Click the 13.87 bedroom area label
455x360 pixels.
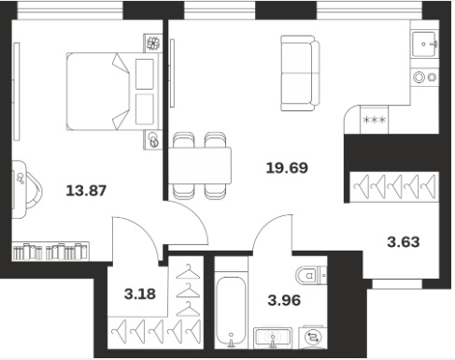[x=86, y=191]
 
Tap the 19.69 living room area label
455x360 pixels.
[x=287, y=167]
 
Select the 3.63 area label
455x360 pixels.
[x=404, y=242]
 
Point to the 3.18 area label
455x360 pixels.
[x=140, y=294]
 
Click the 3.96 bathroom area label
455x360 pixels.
[x=284, y=300]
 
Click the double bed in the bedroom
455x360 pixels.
[x=113, y=92]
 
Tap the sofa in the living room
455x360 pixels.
[x=300, y=73]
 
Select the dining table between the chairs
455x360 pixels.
[x=200, y=166]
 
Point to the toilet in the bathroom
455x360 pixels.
[x=311, y=275]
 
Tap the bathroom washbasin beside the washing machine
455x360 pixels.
[x=273, y=338]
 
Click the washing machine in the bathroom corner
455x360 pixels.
[x=312, y=338]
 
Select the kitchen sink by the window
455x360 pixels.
[x=424, y=44]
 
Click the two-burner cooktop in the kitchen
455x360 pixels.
[x=425, y=77]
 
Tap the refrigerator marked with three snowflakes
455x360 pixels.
[x=375, y=120]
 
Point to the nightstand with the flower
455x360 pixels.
[x=153, y=43]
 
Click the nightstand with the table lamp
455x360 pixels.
[x=153, y=140]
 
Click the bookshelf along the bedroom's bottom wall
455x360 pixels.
[x=50, y=252]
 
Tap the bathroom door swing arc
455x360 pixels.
[x=267, y=226]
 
